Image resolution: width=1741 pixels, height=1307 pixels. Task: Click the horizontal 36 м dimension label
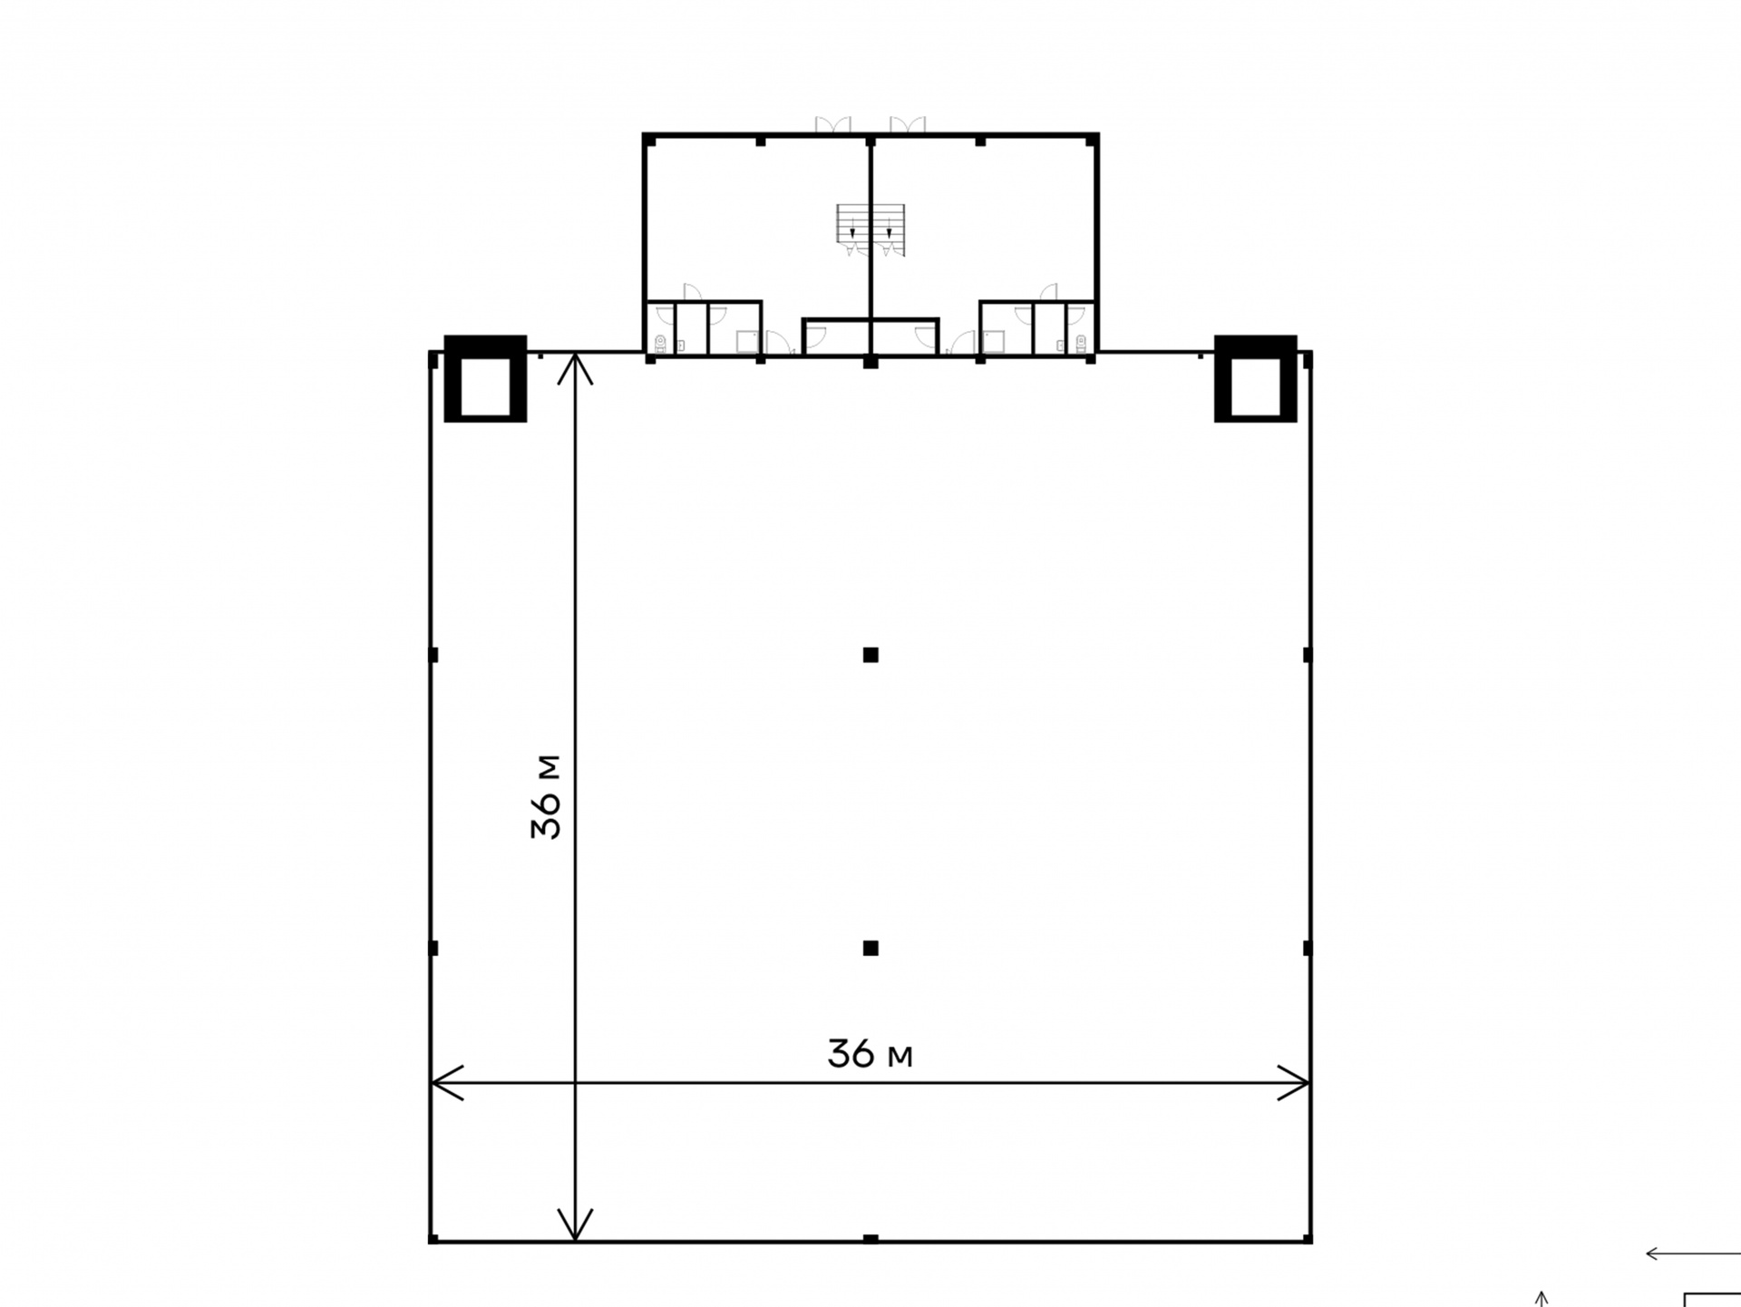tap(870, 1054)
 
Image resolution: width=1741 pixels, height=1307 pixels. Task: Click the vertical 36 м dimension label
tap(547, 797)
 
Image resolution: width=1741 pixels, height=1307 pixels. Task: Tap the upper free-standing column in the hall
tap(870, 655)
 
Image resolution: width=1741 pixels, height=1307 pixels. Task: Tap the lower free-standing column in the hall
tap(870, 949)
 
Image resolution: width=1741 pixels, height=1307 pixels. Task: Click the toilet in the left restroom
tap(660, 343)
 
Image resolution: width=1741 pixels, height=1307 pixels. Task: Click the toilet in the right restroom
tap(1081, 343)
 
